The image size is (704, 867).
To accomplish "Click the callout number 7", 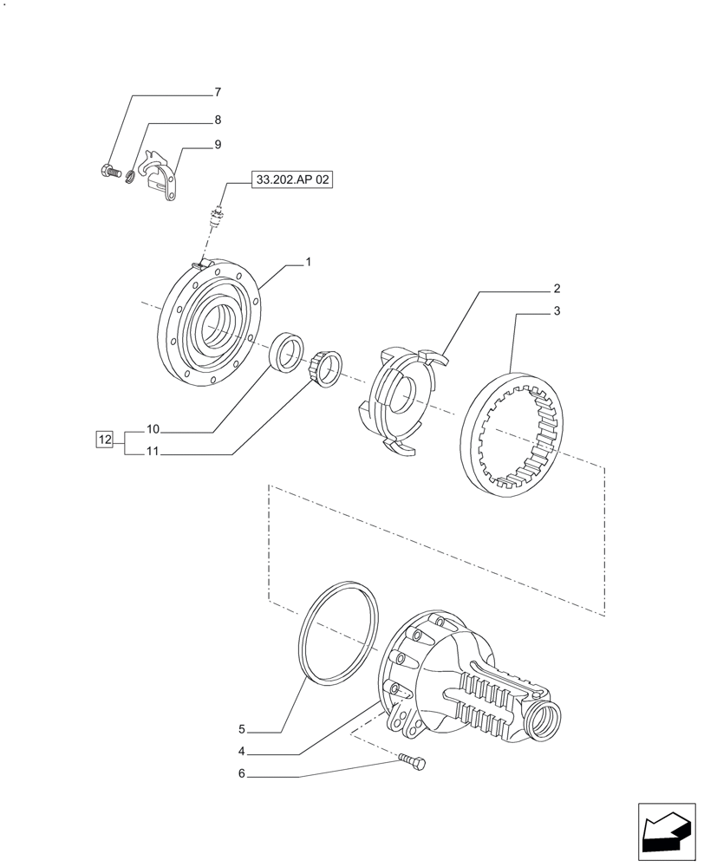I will [218, 92].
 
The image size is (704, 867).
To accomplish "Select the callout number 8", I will [218, 120].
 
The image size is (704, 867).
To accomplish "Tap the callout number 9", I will [218, 145].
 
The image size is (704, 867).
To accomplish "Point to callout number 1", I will [307, 262].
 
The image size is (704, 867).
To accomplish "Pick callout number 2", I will [557, 289].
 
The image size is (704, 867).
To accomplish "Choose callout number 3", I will [557, 311].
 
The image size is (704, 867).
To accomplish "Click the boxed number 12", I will [105, 440].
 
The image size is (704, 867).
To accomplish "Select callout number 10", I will [153, 429].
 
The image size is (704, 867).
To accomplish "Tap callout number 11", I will [153, 452].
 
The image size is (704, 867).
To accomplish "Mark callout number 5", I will [243, 730].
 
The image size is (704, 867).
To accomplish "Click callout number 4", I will [243, 752].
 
